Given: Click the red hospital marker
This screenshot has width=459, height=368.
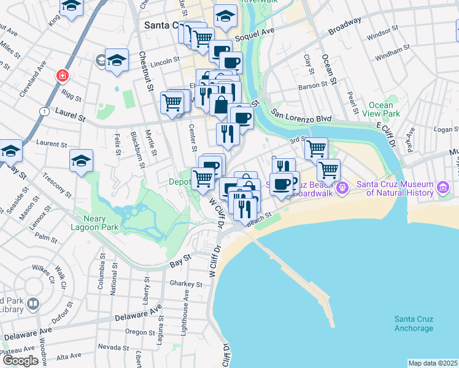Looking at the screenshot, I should (62, 76).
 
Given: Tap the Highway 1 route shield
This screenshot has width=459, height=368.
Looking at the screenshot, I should (44, 111).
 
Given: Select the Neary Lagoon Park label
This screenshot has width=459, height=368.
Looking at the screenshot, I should (99, 223).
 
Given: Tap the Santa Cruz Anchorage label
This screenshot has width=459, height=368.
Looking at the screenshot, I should (414, 323).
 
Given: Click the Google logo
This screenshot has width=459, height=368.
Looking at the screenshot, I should (20, 361).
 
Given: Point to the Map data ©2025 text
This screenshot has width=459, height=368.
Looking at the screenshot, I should (433, 363).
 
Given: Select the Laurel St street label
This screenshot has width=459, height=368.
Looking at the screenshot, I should (69, 112).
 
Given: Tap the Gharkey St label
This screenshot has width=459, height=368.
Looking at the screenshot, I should (186, 285).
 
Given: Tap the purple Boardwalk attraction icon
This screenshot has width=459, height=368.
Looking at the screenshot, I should (342, 186).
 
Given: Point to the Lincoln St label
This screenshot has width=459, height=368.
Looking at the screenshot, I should (164, 62).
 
